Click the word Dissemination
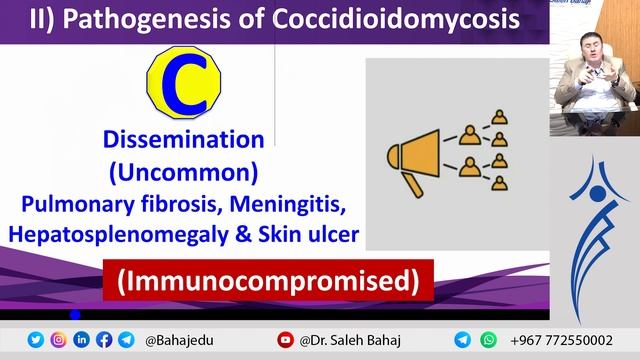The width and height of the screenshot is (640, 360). tap(182, 139)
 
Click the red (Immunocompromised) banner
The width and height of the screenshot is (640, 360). tap(266, 282)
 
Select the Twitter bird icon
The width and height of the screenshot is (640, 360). tap(36, 340)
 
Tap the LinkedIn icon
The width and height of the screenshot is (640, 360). tap(81, 340)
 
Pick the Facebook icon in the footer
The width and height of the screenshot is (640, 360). tap(103, 340)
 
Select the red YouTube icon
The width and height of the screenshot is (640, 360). tap(285, 340)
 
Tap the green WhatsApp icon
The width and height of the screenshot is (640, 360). tap(488, 340)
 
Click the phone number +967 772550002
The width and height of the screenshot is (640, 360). tap(561, 340)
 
